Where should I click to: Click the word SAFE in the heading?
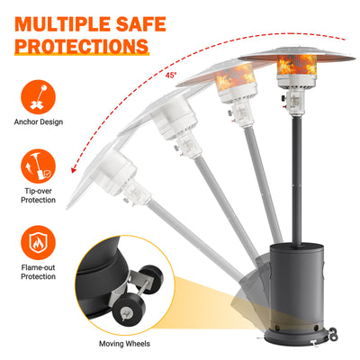141,24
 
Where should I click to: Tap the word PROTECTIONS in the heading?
82,46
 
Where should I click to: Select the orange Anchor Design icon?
38,97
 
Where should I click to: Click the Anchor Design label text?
39,121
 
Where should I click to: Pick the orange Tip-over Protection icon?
38,166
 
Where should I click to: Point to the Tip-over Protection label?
38,195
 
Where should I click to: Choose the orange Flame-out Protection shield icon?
38,243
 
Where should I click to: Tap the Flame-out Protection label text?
38,272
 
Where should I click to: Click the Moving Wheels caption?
124,344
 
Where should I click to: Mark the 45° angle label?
170,76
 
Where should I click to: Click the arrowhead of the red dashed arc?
74,169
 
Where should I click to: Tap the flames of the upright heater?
296,65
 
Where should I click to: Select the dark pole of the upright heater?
297,180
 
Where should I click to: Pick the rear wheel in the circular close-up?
150,278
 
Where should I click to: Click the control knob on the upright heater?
283,98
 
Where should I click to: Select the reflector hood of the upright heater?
296,54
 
